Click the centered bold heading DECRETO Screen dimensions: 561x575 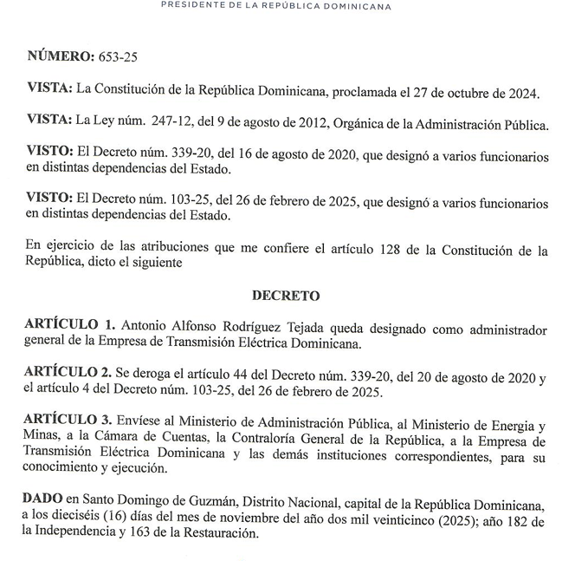click(x=287, y=296)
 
